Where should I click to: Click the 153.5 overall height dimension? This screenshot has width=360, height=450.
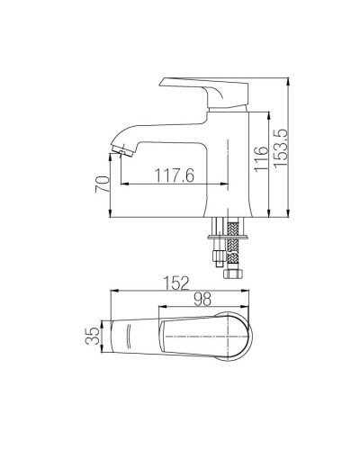pos(281,148)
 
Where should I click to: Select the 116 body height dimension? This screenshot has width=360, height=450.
pos(261,159)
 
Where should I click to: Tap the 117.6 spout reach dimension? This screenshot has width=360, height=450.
pos(175,175)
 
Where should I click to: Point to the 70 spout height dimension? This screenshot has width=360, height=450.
pos(103,184)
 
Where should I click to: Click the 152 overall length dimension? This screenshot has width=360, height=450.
pos(176,283)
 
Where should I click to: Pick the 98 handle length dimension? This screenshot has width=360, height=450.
pos(202,299)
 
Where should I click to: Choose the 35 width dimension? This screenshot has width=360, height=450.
pos(93,336)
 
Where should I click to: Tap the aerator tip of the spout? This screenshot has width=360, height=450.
pos(122,150)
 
